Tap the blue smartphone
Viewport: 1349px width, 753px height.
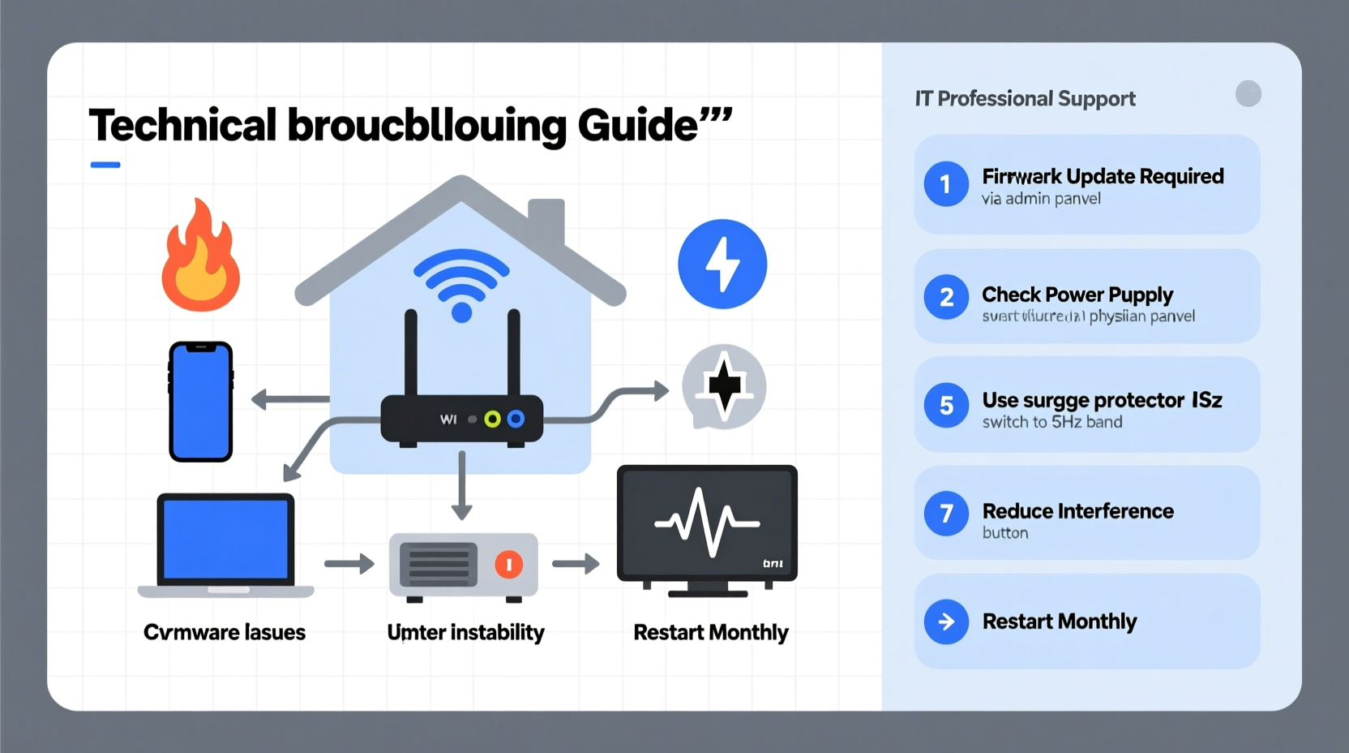201,402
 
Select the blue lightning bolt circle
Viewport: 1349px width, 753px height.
722,264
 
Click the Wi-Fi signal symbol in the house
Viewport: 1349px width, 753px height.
461,284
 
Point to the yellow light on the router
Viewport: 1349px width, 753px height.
492,420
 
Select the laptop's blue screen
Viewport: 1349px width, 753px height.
226,539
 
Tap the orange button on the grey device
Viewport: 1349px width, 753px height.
509,564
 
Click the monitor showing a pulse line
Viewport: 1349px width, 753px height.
707,523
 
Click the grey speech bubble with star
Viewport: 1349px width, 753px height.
723,386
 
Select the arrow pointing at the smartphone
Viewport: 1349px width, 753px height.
289,398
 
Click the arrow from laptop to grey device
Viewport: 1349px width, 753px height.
349,563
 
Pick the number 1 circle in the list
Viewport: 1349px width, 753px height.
946,184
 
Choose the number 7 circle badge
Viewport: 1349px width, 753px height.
946,514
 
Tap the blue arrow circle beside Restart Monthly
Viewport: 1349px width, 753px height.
946,622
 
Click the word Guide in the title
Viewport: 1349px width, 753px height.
637,126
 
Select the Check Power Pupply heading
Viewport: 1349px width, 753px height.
1077,295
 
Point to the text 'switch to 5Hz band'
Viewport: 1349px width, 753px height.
1052,422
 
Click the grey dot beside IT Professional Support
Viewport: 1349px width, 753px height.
1248,94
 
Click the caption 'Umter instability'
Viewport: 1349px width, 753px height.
465,632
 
